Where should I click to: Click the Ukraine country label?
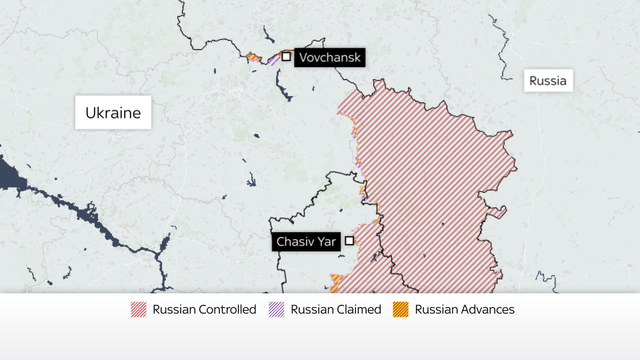(x=113, y=113)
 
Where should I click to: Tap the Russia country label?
(x=548, y=81)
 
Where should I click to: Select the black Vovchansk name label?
(x=329, y=57)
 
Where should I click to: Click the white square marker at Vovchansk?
(x=286, y=57)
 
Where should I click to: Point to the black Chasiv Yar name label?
(x=307, y=241)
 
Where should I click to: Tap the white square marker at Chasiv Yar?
(x=349, y=241)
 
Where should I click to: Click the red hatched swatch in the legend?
(x=139, y=309)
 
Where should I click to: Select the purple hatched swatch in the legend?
(x=276, y=309)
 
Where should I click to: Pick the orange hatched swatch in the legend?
(x=400, y=309)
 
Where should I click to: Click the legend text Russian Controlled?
(x=204, y=309)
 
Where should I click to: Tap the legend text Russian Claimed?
(x=336, y=309)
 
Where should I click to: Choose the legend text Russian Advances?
(x=465, y=309)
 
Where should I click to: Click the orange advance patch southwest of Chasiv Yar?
(x=337, y=281)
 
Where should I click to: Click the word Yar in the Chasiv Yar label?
(x=326, y=241)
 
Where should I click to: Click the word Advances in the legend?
(x=488, y=309)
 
